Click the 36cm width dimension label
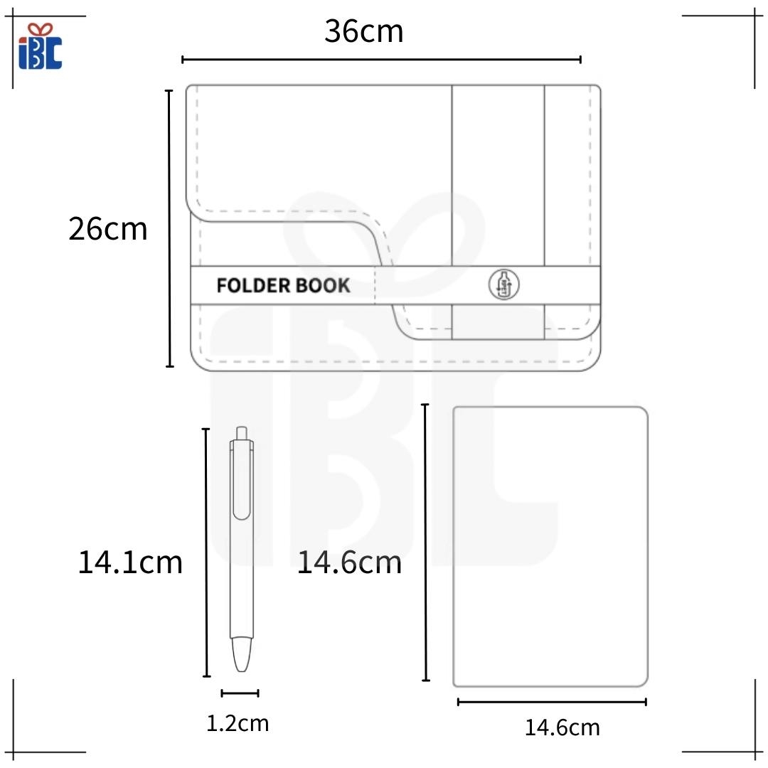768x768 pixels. click(x=364, y=31)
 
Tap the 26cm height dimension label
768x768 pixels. click(x=108, y=229)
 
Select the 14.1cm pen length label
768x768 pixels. click(x=130, y=562)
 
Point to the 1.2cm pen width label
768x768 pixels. click(x=238, y=723)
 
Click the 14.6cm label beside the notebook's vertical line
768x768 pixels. click(x=349, y=562)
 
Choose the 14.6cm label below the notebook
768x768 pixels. click(x=562, y=728)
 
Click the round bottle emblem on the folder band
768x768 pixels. click(x=503, y=284)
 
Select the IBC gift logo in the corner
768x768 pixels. click(x=40, y=46)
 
